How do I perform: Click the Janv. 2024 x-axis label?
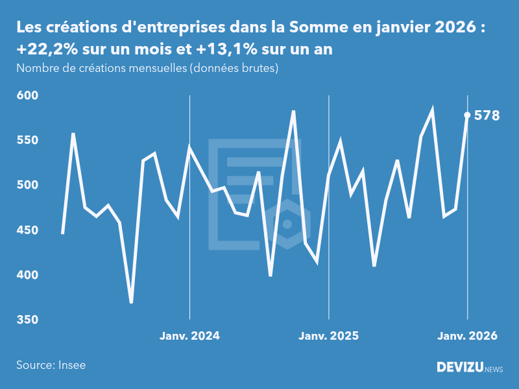[x=189, y=336]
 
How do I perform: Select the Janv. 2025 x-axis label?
[x=328, y=336]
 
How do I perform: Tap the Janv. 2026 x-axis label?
[x=467, y=336]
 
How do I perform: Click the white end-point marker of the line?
[x=467, y=115]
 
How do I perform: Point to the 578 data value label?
[x=487, y=116]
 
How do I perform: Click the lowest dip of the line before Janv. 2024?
[x=131, y=302]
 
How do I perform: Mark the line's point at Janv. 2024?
[x=189, y=148]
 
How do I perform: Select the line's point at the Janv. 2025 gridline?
[x=329, y=175]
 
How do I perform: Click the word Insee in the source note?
[x=71, y=365]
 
